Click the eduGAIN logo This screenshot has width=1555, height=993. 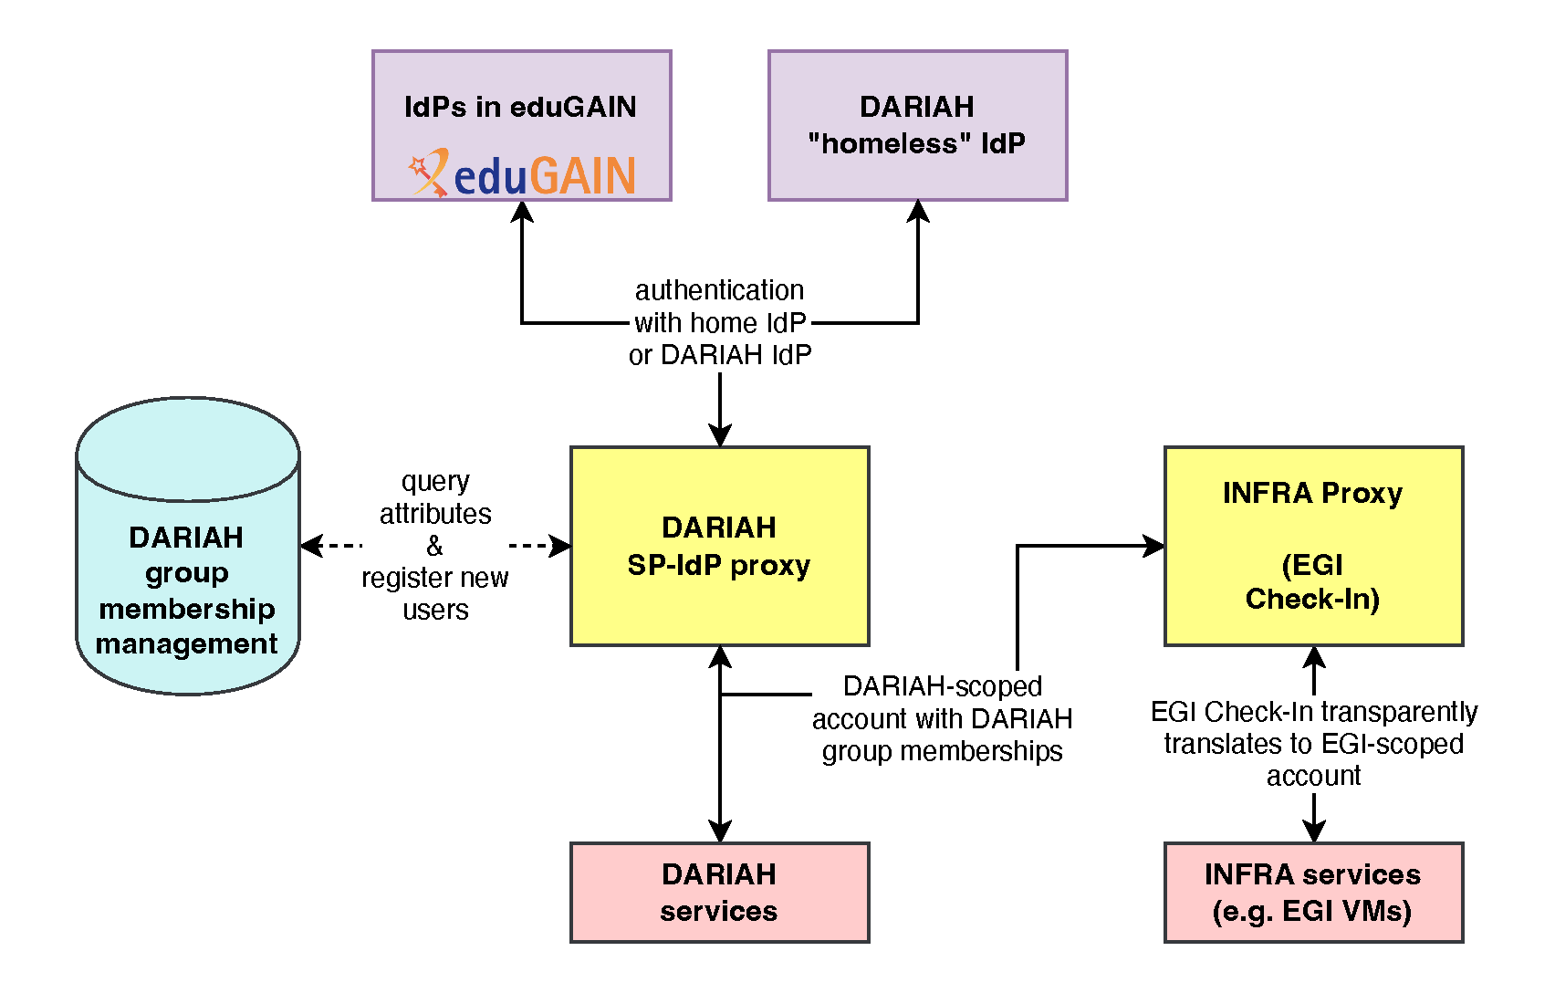tap(522, 173)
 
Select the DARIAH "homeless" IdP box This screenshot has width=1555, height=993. tap(917, 125)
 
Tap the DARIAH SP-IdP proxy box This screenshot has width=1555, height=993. tap(719, 546)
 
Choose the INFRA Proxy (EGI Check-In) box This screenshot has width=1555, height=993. tap(1313, 546)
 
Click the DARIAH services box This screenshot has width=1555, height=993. tap(719, 892)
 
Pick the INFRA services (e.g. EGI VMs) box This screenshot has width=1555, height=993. tap(1313, 892)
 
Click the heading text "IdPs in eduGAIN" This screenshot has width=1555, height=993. tap(520, 107)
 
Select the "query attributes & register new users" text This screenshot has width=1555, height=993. tap(435, 545)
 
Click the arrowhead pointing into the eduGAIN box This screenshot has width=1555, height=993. tap(522, 212)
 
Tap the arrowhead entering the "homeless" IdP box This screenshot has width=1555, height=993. tap(918, 212)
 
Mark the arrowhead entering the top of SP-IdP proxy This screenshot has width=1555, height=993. tap(720, 435)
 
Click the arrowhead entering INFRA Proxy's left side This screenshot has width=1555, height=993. tap(1153, 546)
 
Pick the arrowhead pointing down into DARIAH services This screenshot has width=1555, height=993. tap(720, 831)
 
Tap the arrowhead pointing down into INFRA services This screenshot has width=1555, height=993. tap(1313, 831)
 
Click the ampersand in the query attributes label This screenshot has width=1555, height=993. tap(434, 546)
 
